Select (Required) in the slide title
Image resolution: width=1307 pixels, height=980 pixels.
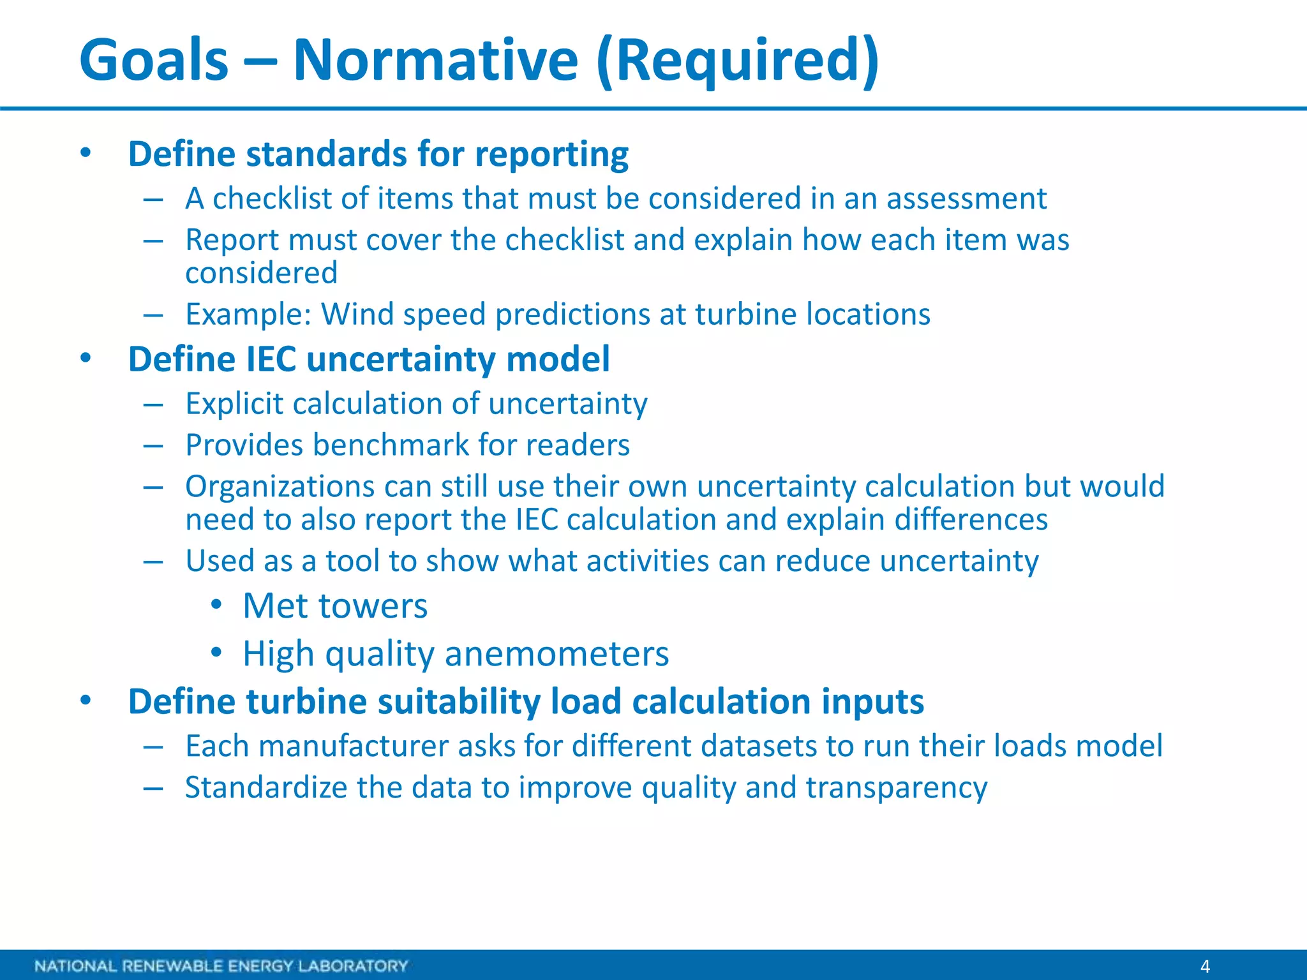(738, 61)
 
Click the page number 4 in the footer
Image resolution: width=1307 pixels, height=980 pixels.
(1205, 966)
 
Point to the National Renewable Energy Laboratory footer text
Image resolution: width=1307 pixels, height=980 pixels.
(221, 966)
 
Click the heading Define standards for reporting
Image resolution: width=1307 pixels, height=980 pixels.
(378, 154)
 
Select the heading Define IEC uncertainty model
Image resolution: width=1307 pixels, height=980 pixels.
(369, 359)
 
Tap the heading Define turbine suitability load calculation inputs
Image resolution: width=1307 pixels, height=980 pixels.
(526, 702)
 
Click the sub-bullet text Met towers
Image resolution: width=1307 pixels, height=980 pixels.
(335, 605)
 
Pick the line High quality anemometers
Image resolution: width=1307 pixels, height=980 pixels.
(456, 654)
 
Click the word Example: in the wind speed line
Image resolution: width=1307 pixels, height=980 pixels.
(248, 315)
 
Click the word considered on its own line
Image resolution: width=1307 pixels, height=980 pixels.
(261, 274)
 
